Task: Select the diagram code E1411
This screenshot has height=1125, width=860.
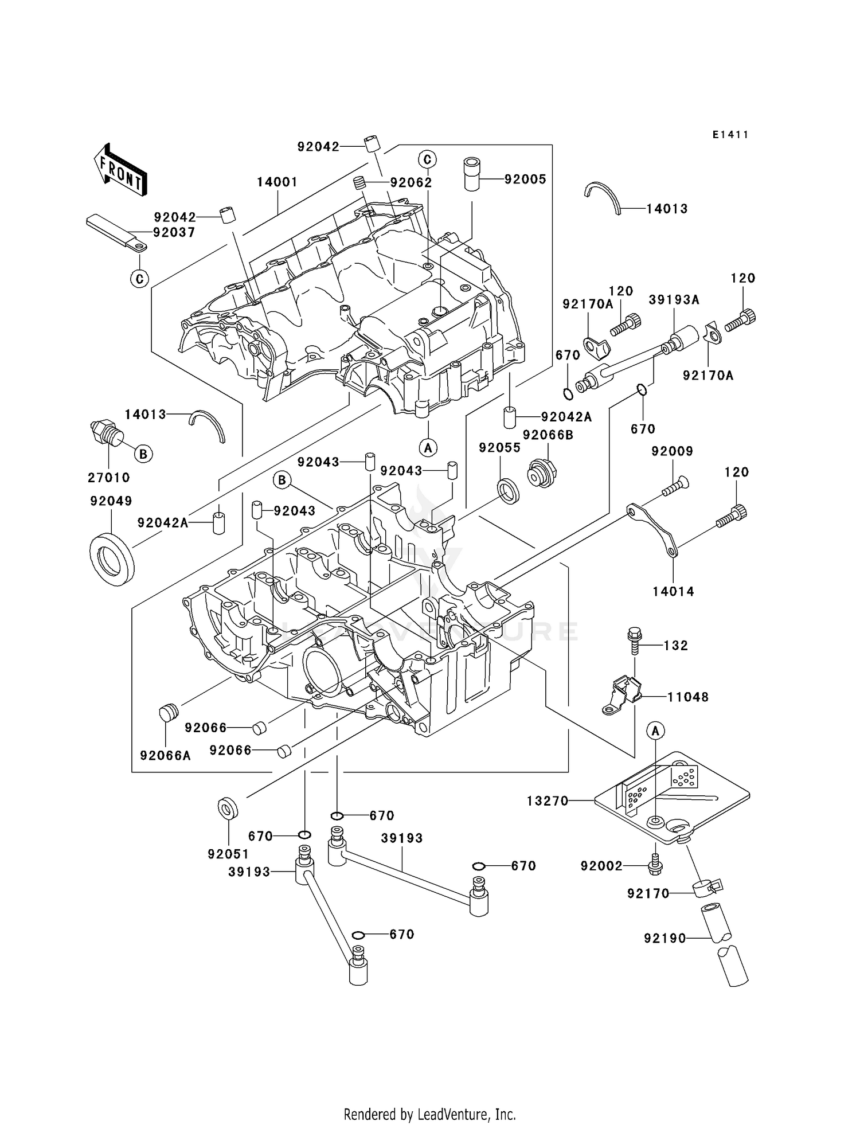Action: point(730,135)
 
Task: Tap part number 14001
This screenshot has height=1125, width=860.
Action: point(277,182)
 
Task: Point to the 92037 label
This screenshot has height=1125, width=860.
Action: point(174,232)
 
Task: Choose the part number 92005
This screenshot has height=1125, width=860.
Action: point(525,179)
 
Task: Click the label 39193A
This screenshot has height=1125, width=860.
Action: point(674,300)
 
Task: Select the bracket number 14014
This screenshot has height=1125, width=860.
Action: point(673,591)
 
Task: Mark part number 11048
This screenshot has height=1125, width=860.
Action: point(688,697)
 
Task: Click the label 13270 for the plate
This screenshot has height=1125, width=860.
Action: point(548,801)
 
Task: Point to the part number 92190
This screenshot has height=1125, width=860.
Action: point(664,939)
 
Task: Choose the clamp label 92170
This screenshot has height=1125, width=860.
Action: point(648,894)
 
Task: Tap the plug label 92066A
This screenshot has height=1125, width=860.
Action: point(166,756)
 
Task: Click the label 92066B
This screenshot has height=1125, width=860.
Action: point(548,435)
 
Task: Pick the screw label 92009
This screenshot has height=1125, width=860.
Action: point(672,451)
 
